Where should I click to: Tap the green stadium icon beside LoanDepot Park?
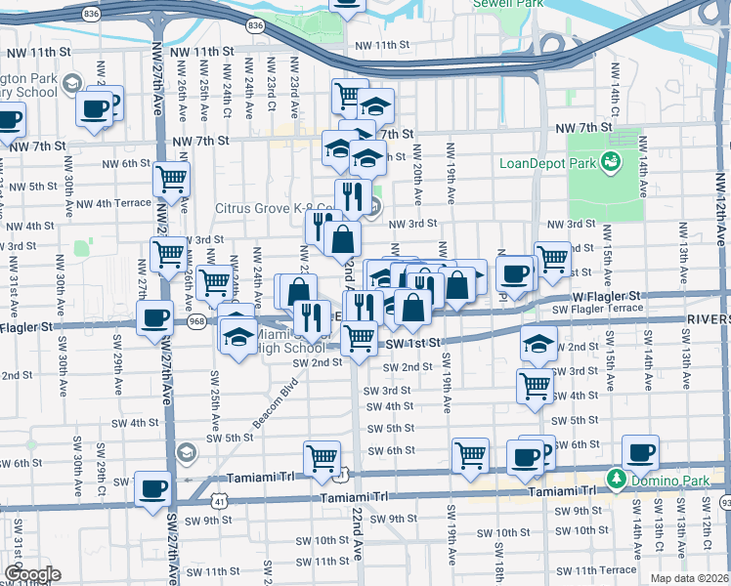[612, 160]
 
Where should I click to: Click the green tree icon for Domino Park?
[617, 479]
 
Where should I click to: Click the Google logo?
[32, 573]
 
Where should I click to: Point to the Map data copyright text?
[688, 578]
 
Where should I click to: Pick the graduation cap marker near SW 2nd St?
[537, 344]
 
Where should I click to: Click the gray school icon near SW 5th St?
[186, 451]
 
